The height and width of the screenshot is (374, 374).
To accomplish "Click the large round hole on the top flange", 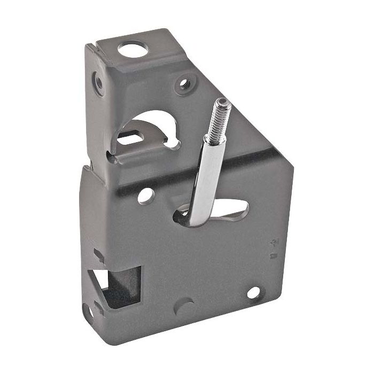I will tap(132, 51).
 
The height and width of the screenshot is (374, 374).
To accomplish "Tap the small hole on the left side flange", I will tap(99, 83).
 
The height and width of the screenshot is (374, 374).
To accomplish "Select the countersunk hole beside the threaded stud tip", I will tap(185, 83).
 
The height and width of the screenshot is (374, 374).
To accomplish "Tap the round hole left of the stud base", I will tap(145, 196).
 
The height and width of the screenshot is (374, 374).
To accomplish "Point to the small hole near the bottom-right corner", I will tap(253, 292).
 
